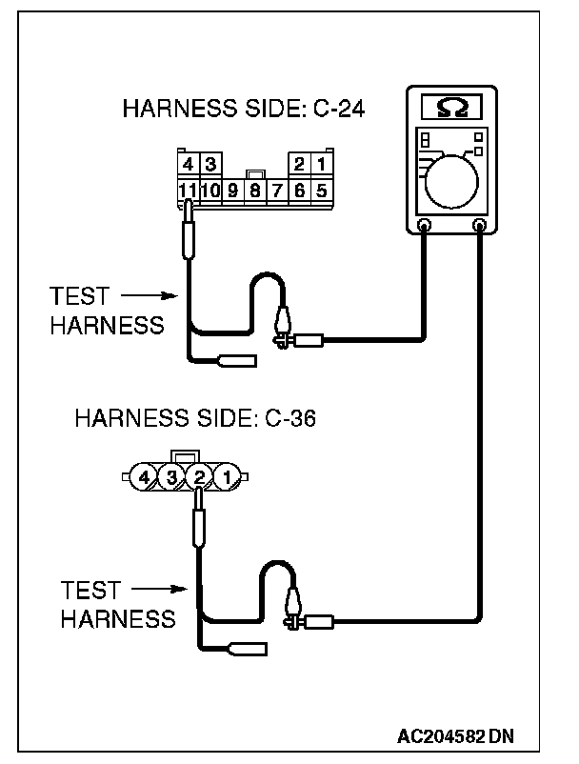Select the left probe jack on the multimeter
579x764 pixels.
[425, 227]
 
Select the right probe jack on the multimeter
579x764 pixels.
[480, 227]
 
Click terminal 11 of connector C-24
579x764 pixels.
[189, 190]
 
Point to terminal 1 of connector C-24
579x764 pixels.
[322, 166]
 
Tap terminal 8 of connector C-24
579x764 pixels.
[255, 190]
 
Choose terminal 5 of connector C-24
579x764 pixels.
[322, 190]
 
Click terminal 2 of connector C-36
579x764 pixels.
[199, 476]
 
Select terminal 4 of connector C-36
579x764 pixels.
[144, 476]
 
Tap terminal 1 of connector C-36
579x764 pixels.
[227, 476]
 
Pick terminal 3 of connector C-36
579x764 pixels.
[171, 476]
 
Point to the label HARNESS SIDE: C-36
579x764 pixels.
[196, 417]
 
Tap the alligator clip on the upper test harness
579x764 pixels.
[284, 325]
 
